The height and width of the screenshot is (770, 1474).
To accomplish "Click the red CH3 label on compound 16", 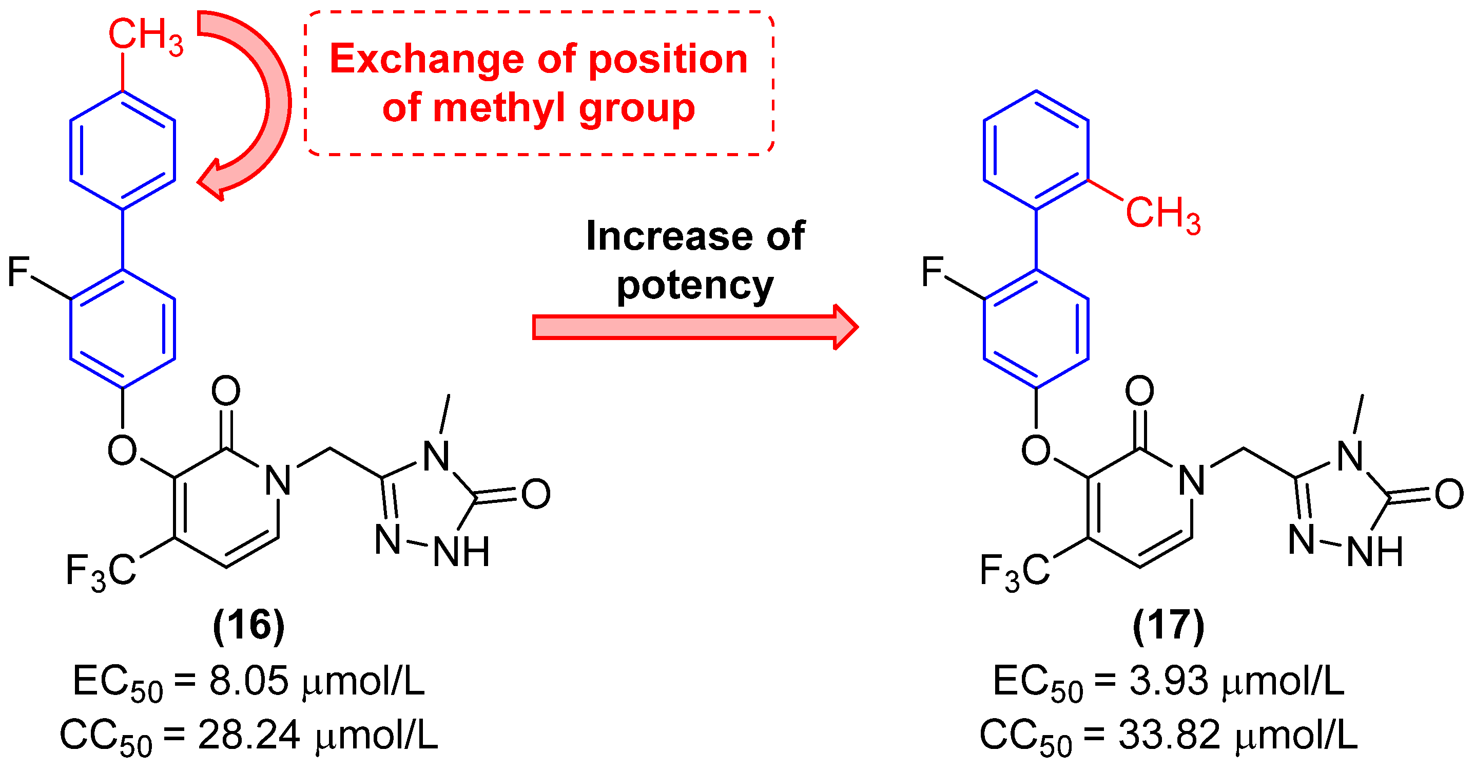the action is tap(145, 35).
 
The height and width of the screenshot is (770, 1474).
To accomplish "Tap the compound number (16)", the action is tap(248, 626).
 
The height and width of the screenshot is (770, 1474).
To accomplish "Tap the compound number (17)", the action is tap(1168, 626).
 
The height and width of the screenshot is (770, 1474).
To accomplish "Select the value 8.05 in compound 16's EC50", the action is tap(248, 681).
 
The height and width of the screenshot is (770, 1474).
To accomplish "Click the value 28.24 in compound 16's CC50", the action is tap(248, 735).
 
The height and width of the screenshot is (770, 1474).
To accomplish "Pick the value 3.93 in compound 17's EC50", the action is tap(1169, 681).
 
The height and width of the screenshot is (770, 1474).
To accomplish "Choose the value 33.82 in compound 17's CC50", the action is tap(1169, 735).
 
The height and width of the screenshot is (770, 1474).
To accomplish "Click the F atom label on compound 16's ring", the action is tap(18, 271).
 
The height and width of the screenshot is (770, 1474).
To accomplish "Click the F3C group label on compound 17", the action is tap(1015, 571).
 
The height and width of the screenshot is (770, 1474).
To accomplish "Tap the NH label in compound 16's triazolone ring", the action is tap(461, 552).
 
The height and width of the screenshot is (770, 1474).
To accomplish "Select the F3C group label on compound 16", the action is tap(101, 571).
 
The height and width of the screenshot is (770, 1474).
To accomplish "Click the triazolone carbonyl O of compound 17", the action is tap(1449, 494).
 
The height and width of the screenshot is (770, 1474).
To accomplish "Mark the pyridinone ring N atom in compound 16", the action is tap(278, 480).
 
